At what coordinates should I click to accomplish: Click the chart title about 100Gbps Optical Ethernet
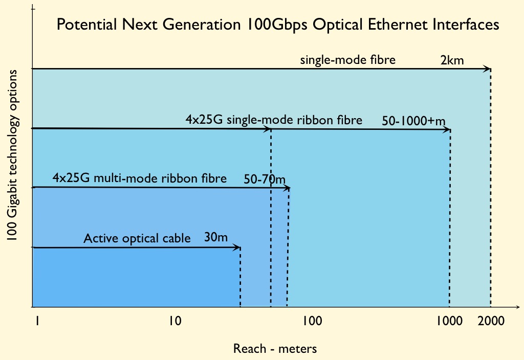coord(277,25)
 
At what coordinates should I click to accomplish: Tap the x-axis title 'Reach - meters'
coord(275,349)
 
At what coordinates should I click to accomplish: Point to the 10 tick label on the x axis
coord(174,322)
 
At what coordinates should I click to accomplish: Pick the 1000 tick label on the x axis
coord(450,322)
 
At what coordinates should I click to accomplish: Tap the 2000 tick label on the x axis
coord(491,322)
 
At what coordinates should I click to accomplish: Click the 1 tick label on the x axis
coord(37,322)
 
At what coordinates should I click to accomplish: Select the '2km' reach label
coord(452,60)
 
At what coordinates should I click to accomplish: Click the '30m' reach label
coord(216,238)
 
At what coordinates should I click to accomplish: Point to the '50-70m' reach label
coord(265,179)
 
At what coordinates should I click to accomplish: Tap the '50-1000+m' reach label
coord(413,121)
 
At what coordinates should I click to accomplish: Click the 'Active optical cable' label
coord(137,238)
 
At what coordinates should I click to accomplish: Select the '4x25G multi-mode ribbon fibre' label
coord(139,179)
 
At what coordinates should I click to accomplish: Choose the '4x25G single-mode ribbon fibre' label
coord(274,120)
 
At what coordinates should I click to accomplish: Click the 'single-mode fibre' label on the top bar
coord(348,60)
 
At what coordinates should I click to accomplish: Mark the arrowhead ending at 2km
coord(488,69)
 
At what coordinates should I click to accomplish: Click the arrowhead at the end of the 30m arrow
coord(237,248)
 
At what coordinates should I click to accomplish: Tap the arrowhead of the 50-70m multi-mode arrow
coord(287,188)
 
